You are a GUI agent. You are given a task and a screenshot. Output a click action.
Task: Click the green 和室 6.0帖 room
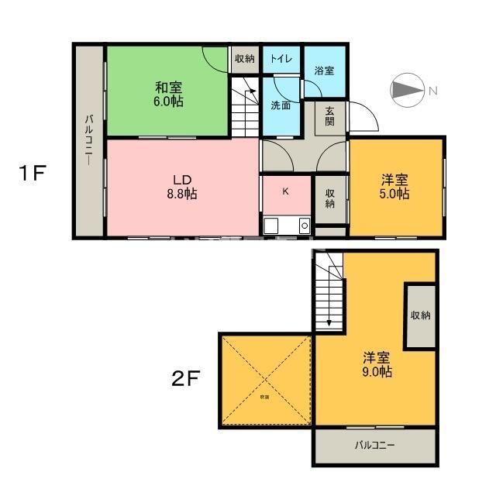click(168, 94)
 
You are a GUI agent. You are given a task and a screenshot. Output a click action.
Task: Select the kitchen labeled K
click(285, 191)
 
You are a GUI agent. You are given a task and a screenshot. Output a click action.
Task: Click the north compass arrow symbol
click(406, 91)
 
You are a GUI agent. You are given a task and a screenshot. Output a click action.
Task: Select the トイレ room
click(281, 59)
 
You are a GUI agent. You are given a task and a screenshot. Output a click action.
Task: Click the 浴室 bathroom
click(324, 71)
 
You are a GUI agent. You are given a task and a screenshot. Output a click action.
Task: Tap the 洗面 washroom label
click(281, 105)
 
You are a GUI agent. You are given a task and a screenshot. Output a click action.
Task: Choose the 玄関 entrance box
click(330, 117)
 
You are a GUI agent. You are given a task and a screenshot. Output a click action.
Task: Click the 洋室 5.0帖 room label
click(394, 187)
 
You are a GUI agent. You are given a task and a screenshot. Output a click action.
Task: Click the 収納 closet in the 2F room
click(421, 315)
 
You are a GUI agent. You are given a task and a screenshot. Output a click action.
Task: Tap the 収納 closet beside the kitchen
click(330, 198)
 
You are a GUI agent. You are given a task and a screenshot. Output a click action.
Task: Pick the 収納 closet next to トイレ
click(244, 59)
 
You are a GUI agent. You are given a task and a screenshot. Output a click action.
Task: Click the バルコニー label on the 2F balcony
click(375, 446)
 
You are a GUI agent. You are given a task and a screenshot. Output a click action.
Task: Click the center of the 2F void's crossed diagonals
click(265, 380)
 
